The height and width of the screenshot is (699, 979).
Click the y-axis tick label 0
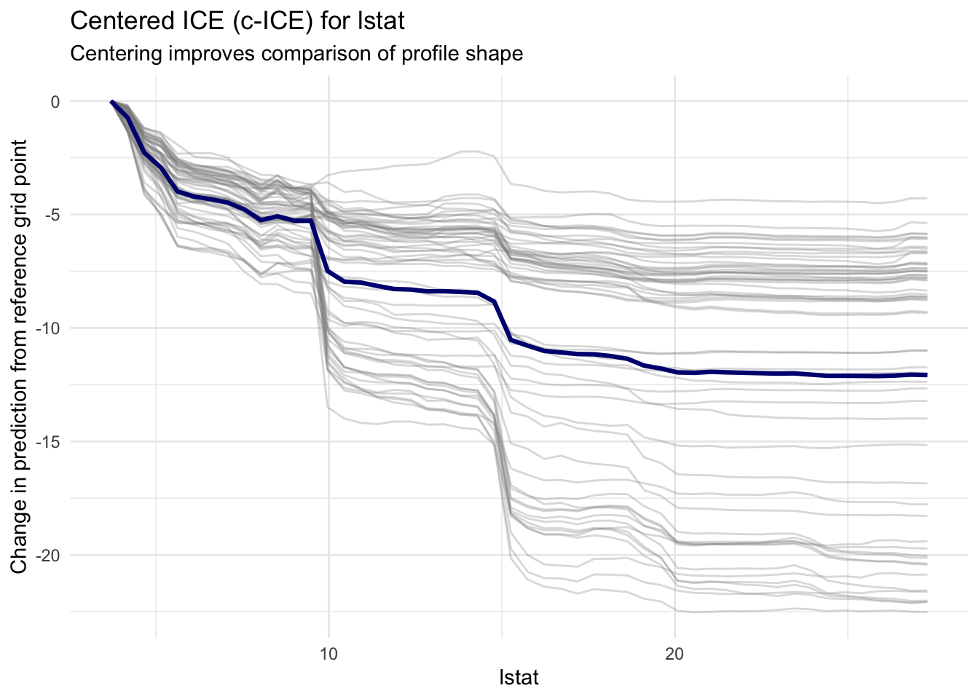tap(55, 102)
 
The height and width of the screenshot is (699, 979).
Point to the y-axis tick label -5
tap(52, 216)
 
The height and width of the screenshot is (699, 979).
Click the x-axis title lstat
tap(519, 678)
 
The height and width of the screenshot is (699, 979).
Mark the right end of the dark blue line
tap(927, 375)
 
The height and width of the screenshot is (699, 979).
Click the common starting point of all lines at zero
tap(111, 102)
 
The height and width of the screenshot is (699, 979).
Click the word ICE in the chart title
tap(205, 20)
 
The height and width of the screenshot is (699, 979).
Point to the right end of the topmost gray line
tap(927, 198)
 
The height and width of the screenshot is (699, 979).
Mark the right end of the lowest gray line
tap(927, 612)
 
